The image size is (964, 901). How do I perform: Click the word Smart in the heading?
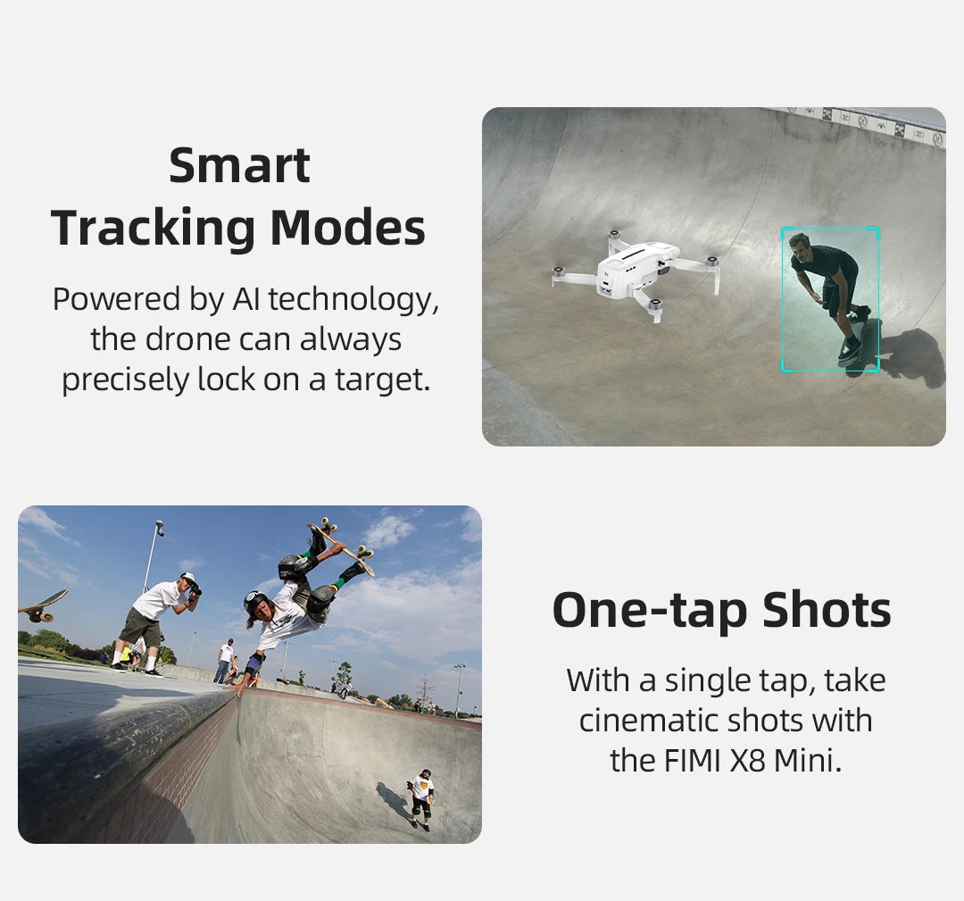tap(239, 165)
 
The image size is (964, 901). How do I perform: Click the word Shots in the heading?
tap(827, 611)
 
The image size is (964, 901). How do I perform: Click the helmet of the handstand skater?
tap(255, 603)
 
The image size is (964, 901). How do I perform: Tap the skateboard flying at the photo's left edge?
tap(42, 605)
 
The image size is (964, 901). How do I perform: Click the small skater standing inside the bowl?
tap(420, 797)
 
